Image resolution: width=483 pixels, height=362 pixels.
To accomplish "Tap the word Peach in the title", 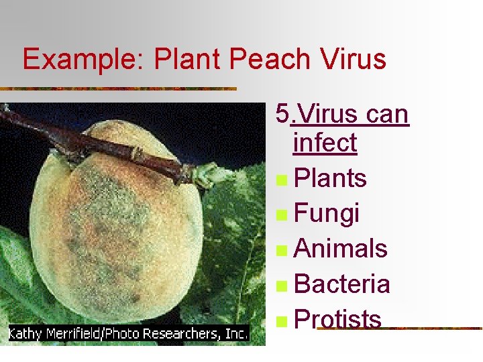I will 268,59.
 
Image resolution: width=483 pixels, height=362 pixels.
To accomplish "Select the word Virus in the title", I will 352,59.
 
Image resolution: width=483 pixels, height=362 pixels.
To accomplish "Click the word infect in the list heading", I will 325,143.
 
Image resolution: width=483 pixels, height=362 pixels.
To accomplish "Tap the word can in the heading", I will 387,114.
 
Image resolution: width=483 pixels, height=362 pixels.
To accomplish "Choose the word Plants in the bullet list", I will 330,178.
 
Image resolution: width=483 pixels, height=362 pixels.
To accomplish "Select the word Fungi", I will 327,214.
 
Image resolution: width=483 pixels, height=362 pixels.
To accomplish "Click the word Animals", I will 341,249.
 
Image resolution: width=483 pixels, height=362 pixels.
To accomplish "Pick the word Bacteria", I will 342,284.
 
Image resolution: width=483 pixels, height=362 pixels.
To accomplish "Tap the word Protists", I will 337,319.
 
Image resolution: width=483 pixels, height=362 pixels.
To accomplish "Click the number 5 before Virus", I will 282,114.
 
